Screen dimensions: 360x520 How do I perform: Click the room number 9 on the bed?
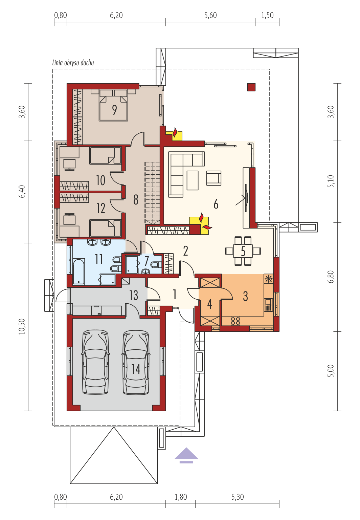[114, 110]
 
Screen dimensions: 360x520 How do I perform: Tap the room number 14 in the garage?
[136, 369]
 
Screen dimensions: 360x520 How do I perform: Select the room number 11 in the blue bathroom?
[99, 259]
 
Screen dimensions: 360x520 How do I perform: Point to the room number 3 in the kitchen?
[245, 296]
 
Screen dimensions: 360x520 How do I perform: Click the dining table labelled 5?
[243, 251]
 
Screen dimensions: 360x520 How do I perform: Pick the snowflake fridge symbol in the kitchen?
[268, 279]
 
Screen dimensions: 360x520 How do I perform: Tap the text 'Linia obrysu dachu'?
[73, 63]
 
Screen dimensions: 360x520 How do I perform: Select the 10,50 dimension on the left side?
[22, 326]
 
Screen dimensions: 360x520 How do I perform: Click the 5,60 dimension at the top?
[210, 15]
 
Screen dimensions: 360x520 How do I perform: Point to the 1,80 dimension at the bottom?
[181, 497]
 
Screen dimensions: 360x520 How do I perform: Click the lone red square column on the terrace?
[251, 87]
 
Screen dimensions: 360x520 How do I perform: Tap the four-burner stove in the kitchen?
[235, 321]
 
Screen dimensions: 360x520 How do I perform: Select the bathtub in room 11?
[79, 272]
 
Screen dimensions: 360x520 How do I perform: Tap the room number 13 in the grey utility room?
[134, 295]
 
